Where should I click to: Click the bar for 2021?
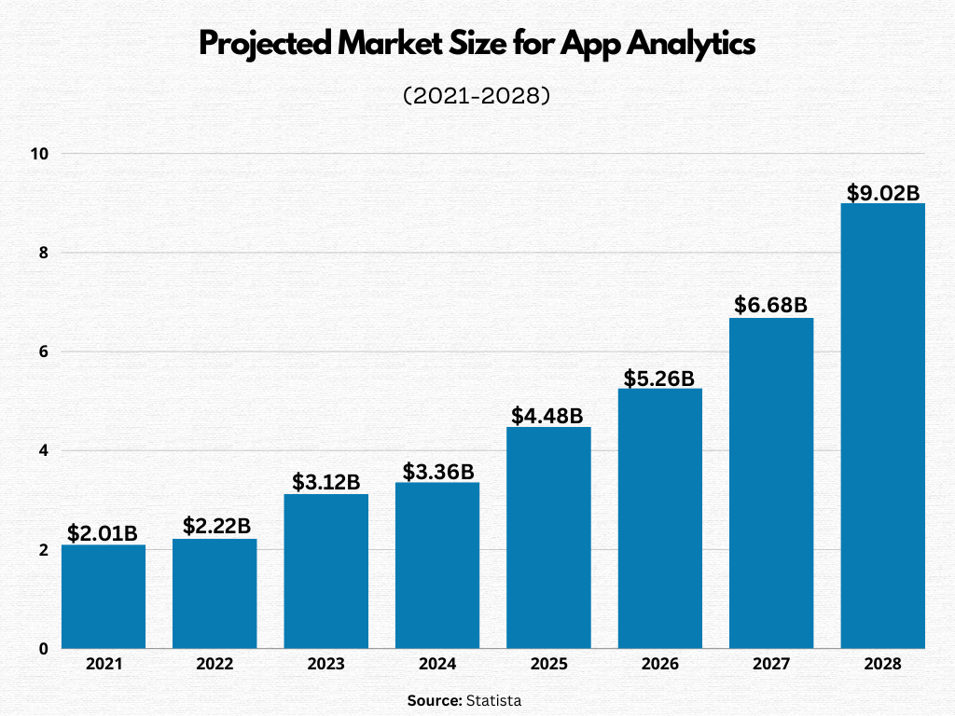coord(104,597)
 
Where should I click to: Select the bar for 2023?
coord(325,571)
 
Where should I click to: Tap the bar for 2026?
coord(659,517)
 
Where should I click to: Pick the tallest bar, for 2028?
coord(882,425)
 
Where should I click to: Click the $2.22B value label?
coord(215,526)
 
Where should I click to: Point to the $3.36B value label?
coord(437,472)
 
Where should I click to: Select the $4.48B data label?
coord(547,415)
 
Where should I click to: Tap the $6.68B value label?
coord(770,305)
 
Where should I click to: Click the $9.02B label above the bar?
coord(882,192)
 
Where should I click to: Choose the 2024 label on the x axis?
coord(437,665)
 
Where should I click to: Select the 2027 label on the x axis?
coord(771,665)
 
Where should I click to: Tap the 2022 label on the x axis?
coord(215,665)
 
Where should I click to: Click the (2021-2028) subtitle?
coord(477,95)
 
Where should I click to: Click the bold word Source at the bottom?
coord(434,700)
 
